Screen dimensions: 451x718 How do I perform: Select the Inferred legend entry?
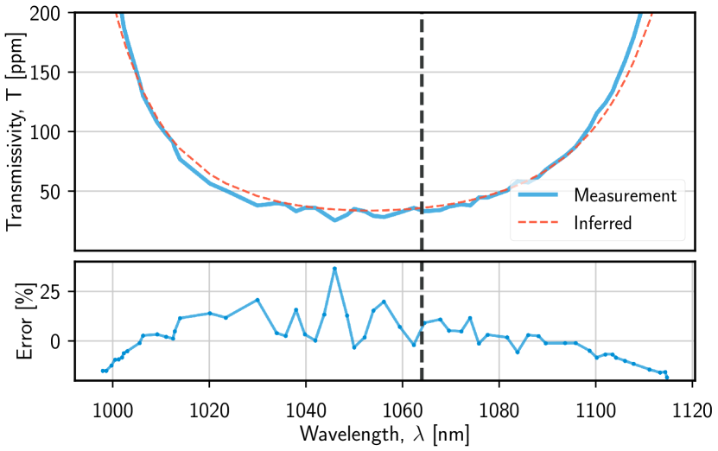[603, 223]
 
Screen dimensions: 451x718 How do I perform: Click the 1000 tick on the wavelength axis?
[112, 403]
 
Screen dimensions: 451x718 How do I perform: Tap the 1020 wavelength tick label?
[209, 403]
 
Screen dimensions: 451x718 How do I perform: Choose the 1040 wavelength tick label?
[305, 403]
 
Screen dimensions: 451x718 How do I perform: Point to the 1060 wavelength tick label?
[402, 403]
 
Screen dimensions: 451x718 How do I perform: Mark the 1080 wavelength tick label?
[499, 403]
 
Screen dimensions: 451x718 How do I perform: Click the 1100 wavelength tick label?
[595, 403]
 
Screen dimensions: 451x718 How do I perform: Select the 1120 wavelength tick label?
[691, 403]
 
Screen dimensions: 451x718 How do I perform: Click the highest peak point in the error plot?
[334, 269]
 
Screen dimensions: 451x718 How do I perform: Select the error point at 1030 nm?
[257, 300]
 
